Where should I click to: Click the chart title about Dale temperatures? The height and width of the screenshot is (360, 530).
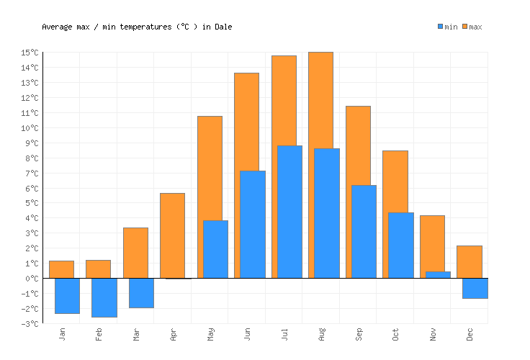tap(137, 27)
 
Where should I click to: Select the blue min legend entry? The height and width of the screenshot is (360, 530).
tap(447, 27)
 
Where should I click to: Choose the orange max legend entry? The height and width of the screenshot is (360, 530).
tap(472, 27)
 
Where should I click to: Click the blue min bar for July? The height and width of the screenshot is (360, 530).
tap(289, 212)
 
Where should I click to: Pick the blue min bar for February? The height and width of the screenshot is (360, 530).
tap(104, 297)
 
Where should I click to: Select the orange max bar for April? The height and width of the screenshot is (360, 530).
tap(172, 235)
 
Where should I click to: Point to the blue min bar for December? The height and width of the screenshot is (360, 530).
tap(475, 288)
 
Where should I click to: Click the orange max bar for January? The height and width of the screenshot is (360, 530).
tap(61, 269)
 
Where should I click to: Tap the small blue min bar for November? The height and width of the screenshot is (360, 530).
tap(438, 274)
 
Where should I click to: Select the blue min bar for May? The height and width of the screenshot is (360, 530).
tap(215, 249)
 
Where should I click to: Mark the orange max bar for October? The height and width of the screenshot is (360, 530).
tap(395, 180)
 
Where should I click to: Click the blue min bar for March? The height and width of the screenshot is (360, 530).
tap(141, 292)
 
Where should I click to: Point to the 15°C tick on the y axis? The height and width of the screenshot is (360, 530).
tap(30, 53)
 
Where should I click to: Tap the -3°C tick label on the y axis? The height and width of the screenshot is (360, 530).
tap(30, 324)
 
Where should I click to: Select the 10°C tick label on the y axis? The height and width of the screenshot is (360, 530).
tap(30, 128)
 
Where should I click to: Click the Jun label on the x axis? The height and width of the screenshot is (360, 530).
tap(248, 335)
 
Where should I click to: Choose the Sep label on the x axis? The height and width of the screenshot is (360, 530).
tap(359, 335)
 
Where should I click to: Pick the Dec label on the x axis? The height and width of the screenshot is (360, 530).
tap(470, 335)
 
